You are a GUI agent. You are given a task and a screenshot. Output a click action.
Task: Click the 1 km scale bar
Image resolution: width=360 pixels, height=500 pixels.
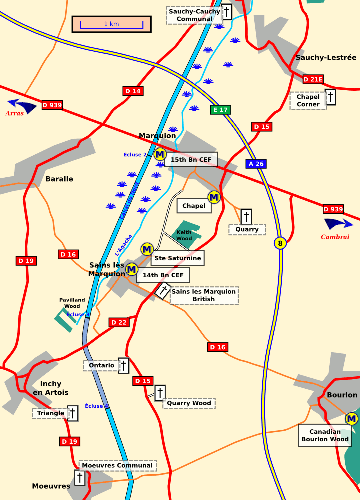(111, 24)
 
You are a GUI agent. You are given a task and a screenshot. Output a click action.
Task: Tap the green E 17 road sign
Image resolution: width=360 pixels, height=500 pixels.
(220, 110)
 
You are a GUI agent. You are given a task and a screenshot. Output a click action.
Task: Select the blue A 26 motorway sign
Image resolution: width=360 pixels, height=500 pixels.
(255, 164)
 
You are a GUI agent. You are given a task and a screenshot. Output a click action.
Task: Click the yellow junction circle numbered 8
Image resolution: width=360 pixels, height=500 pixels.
(280, 243)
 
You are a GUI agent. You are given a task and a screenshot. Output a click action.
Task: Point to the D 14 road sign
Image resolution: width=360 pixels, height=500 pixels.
(133, 91)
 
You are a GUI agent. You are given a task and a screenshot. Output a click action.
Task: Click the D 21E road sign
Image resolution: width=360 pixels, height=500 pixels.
(313, 79)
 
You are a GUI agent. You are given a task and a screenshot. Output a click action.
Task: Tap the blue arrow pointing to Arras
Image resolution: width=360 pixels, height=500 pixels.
(22, 105)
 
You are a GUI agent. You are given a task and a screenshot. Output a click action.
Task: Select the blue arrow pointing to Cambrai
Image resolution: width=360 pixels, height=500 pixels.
(338, 224)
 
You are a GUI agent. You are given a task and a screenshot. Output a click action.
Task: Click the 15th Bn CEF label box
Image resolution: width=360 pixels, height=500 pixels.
(191, 160)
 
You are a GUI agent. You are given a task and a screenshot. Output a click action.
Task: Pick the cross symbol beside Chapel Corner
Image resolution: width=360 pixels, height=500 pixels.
(330, 97)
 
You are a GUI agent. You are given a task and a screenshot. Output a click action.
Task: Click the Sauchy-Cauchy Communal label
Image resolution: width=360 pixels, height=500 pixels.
(194, 15)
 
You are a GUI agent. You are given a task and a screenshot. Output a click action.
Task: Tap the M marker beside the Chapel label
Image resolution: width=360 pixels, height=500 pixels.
(214, 197)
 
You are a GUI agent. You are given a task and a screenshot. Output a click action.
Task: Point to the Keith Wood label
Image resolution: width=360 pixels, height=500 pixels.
(184, 235)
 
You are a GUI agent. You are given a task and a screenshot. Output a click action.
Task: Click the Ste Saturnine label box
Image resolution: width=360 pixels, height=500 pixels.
(178, 258)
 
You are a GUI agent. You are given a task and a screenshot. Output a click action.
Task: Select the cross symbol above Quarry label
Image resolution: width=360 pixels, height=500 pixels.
(246, 217)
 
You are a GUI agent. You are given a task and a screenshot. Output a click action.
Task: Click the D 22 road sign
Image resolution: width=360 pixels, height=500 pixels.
(119, 322)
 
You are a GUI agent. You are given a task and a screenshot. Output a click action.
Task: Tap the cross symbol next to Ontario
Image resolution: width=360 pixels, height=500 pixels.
(123, 365)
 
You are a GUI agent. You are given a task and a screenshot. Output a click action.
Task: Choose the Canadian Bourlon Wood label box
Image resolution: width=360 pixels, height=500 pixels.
(325, 435)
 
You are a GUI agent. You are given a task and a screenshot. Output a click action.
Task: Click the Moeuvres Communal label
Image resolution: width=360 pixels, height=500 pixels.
(118, 466)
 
